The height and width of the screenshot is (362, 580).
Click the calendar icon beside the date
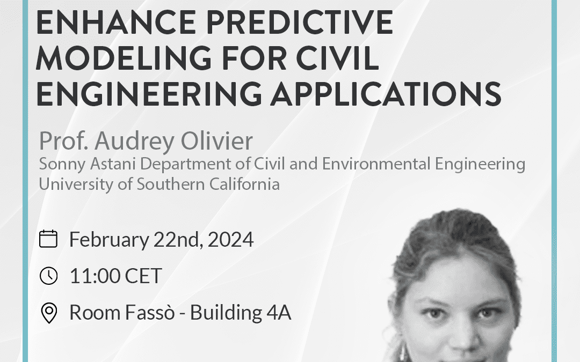(x=48, y=239)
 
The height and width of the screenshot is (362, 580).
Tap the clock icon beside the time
(x=48, y=276)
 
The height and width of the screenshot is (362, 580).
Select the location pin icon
(x=49, y=313)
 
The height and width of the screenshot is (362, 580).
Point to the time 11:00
(x=95, y=276)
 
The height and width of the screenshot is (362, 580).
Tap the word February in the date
(x=105, y=239)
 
